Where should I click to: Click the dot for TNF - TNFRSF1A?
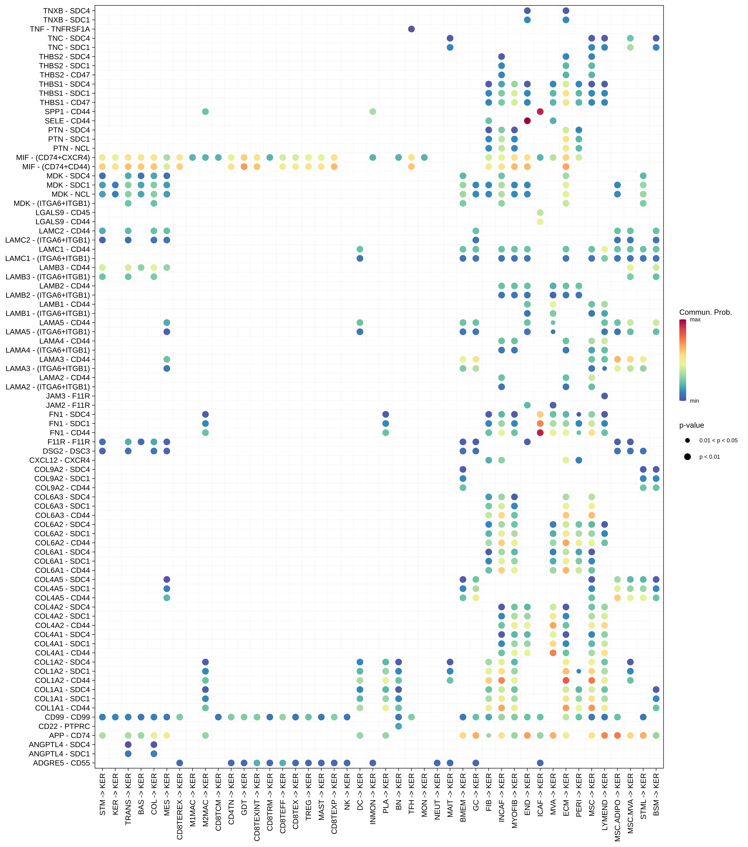pyautogui.click(x=411, y=29)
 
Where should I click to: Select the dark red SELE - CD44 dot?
pyautogui.click(x=527, y=121)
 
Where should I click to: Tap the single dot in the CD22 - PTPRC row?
pyautogui.click(x=398, y=726)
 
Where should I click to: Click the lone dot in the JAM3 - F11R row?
pyautogui.click(x=604, y=396)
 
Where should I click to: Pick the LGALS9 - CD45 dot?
pyautogui.click(x=540, y=213)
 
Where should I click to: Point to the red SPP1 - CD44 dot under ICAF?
pyautogui.click(x=540, y=111)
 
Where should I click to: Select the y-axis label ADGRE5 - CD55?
pyautogui.click(x=61, y=763)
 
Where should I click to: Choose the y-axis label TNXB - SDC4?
pyautogui.click(x=66, y=11)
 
